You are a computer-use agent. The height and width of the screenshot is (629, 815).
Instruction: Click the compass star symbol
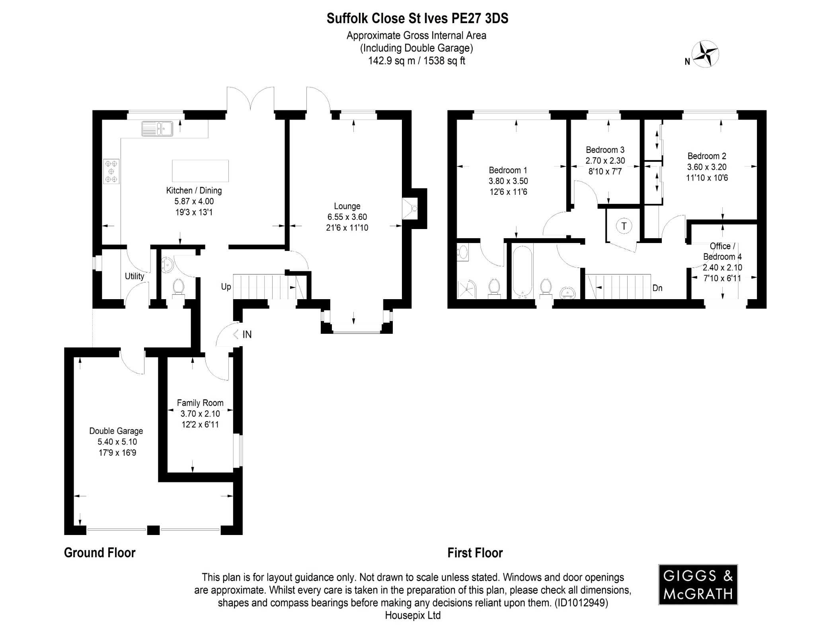(705, 54)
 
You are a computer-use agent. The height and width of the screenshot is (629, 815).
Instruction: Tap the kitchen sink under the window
(157, 129)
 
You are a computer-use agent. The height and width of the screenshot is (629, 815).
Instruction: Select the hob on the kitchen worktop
(111, 171)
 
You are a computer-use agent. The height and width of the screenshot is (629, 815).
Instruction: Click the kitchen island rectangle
(200, 170)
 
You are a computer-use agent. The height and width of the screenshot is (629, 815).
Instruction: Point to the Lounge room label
(347, 206)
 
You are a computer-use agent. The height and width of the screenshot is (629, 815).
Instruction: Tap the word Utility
(135, 276)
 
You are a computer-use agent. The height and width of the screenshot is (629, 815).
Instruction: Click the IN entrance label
(247, 335)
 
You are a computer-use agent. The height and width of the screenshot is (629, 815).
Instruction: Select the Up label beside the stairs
(226, 287)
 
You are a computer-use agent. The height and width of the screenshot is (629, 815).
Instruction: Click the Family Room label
(200, 403)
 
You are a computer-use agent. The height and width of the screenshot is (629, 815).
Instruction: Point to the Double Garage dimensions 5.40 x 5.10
(117, 442)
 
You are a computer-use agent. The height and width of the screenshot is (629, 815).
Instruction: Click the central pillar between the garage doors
(153, 530)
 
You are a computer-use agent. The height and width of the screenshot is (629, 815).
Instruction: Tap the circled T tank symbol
(624, 226)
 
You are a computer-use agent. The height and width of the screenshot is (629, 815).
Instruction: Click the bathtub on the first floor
(522, 272)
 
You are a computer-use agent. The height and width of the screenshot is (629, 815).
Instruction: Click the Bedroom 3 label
(605, 150)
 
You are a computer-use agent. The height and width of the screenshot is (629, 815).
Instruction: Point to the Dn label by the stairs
(657, 288)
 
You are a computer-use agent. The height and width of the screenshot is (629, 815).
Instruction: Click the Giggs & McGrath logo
(698, 584)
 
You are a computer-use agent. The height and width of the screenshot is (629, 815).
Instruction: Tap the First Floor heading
(475, 553)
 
